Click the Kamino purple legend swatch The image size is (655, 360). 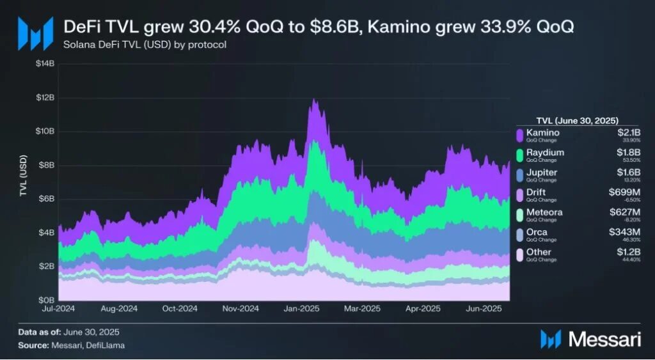click(x=521, y=135)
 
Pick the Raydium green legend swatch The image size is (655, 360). click(x=521, y=155)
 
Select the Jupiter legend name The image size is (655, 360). click(x=542, y=173)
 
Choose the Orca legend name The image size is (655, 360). click(x=537, y=232)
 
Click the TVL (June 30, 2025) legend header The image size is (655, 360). click(x=577, y=120)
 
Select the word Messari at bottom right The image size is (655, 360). click(x=604, y=340)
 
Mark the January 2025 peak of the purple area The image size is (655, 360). click(x=313, y=100)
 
